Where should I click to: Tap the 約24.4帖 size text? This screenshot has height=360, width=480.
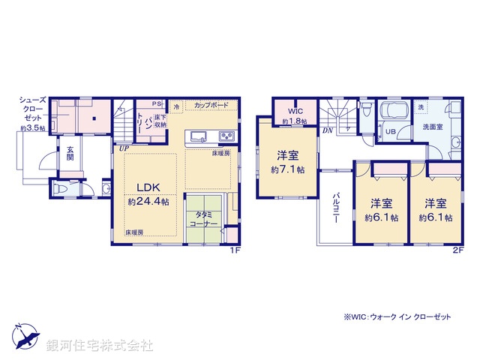148,202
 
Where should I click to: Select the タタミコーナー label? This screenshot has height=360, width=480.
202,219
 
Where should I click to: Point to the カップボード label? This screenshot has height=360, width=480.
211,106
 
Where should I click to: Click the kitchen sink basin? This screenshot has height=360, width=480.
199,136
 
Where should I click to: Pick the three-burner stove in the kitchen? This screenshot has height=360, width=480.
226,136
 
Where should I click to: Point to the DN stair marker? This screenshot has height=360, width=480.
328,130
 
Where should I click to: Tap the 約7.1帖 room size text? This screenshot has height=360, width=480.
287,170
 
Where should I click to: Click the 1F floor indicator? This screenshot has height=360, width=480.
235,250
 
